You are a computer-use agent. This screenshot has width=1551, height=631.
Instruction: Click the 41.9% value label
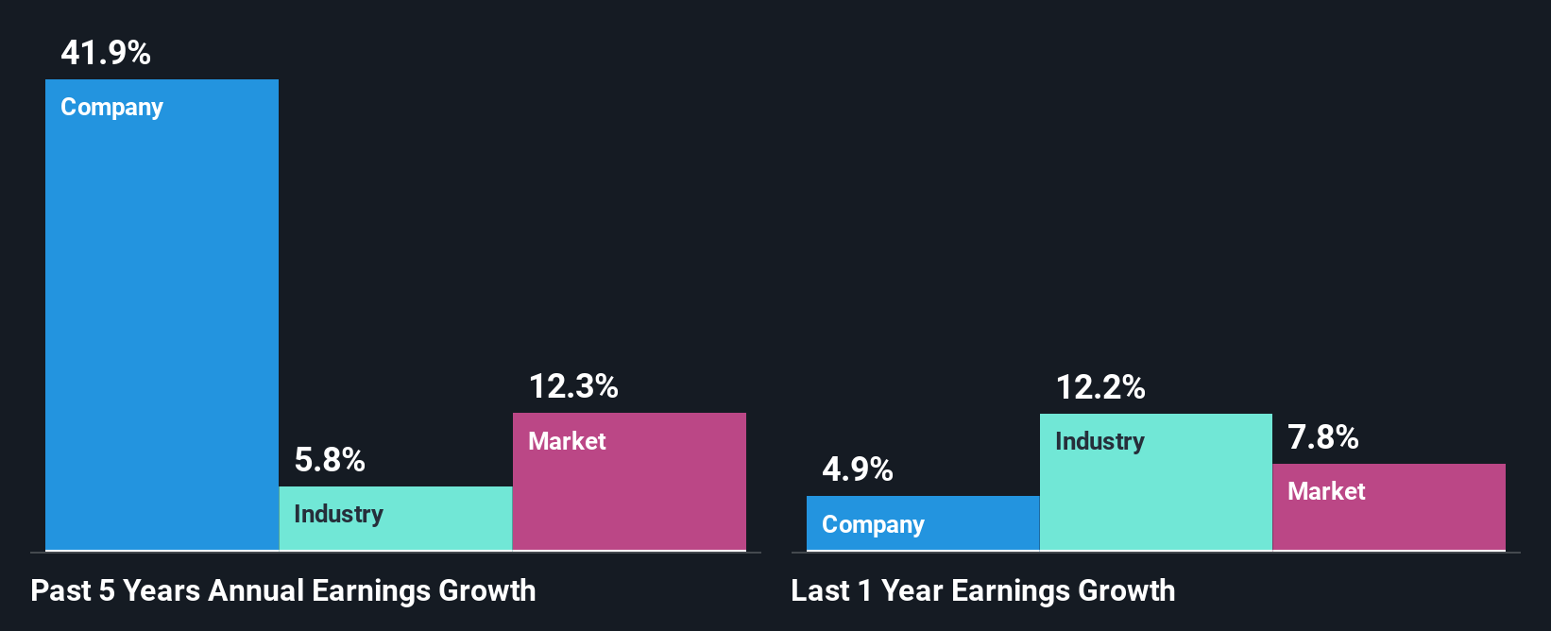(106, 53)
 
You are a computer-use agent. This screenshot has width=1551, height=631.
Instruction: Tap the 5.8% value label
(330, 460)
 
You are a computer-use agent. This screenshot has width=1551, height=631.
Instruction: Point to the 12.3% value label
(573, 386)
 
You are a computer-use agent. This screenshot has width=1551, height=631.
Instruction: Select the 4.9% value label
(858, 469)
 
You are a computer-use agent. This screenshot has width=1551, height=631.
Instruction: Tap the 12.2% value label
(1100, 387)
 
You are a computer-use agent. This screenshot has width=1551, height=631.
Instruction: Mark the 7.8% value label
(1323, 437)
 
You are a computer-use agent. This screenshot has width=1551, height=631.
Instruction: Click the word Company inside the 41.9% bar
(112, 108)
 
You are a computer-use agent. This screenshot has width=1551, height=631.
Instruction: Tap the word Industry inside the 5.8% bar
(338, 514)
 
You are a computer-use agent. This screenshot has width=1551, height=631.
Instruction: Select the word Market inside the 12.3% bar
(567, 441)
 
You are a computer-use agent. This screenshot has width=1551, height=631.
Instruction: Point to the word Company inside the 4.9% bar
(873, 525)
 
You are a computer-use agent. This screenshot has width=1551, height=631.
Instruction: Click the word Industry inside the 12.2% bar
(1099, 441)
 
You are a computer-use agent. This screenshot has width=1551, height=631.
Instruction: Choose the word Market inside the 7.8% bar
(1326, 491)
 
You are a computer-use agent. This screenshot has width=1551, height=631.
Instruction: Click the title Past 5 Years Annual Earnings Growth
(283, 591)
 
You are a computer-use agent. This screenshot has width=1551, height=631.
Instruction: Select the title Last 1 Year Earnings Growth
(983, 591)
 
